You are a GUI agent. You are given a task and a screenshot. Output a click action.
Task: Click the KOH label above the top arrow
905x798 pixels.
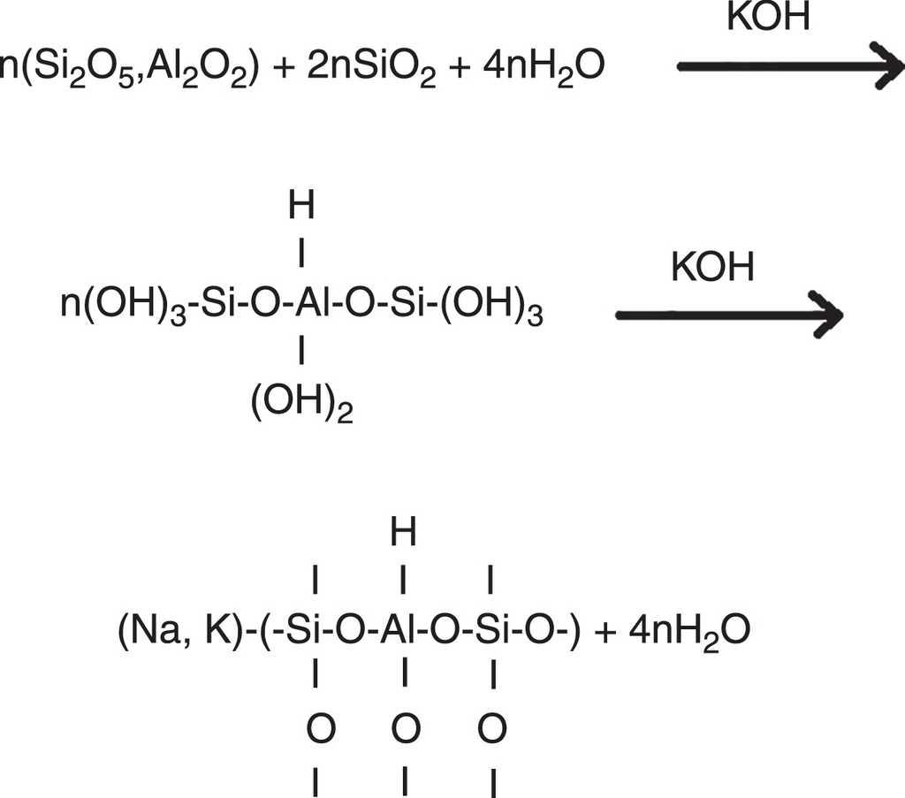(x=768, y=18)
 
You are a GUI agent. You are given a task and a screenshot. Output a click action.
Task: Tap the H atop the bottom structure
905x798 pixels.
(x=403, y=533)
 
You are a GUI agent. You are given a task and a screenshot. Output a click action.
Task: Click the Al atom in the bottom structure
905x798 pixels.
(x=403, y=632)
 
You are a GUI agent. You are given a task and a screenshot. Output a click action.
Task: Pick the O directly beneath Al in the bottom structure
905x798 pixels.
(x=403, y=730)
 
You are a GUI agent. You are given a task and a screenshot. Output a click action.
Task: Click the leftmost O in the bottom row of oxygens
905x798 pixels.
(x=317, y=730)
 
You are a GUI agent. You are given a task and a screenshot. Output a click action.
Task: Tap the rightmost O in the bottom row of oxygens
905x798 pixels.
(x=491, y=730)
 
